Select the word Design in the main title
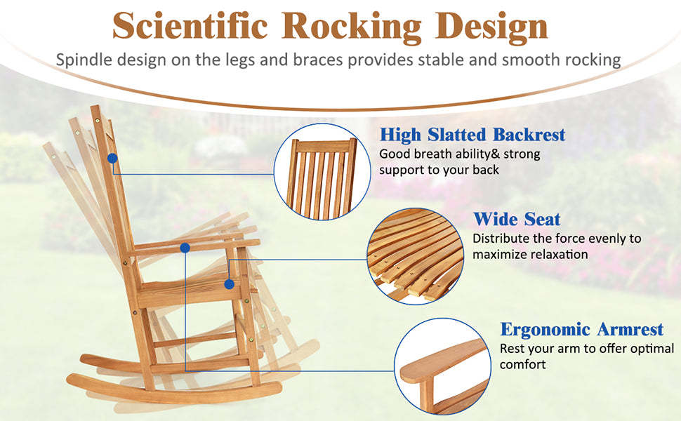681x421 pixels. point(491,27)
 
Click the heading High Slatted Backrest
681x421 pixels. point(472,134)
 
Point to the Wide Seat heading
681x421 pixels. point(517,219)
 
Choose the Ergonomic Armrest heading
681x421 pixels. point(581,329)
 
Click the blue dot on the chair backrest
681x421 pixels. point(112,159)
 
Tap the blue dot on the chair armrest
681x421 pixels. point(185,248)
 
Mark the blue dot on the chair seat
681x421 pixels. point(229,283)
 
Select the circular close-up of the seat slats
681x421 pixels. point(415,255)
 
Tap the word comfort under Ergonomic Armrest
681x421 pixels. point(522,365)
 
